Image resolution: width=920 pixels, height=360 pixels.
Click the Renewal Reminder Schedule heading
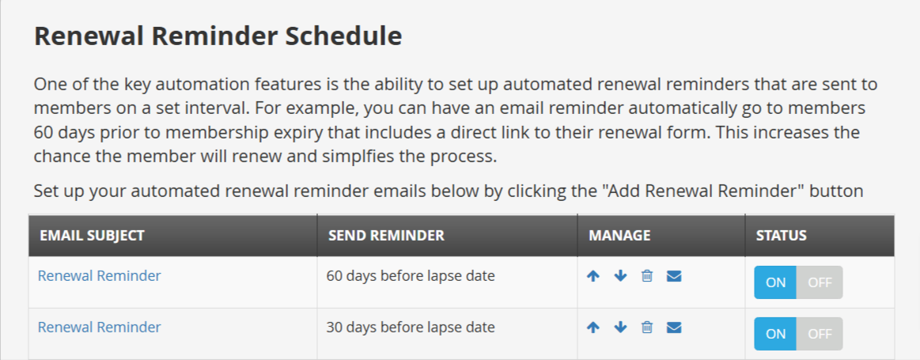point(218,36)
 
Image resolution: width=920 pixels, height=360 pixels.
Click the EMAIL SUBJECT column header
point(92,236)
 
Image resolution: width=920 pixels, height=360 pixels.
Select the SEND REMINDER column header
point(386,236)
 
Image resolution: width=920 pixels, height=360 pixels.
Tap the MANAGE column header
point(619,236)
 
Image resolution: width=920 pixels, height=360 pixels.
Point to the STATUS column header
point(781,236)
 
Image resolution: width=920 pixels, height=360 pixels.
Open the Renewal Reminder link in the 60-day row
point(99,275)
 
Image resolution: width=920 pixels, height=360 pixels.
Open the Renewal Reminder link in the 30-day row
point(99,327)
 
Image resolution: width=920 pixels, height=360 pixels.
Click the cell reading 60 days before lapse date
point(411,275)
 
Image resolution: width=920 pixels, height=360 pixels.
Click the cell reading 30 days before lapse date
point(411,327)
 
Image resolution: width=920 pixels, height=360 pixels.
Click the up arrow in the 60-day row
point(593,276)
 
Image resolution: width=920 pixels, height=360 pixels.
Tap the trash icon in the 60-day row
point(646,276)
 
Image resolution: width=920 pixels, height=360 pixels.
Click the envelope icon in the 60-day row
point(674,276)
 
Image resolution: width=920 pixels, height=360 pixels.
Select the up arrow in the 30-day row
point(593,328)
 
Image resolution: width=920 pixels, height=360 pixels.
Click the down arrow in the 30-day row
point(621,328)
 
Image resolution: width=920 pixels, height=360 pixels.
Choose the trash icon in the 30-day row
point(646,328)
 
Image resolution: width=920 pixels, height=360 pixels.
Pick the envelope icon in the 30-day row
point(674,328)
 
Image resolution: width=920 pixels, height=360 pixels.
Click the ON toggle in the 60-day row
point(775,282)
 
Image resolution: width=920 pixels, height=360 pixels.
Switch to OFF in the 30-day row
point(820,334)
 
